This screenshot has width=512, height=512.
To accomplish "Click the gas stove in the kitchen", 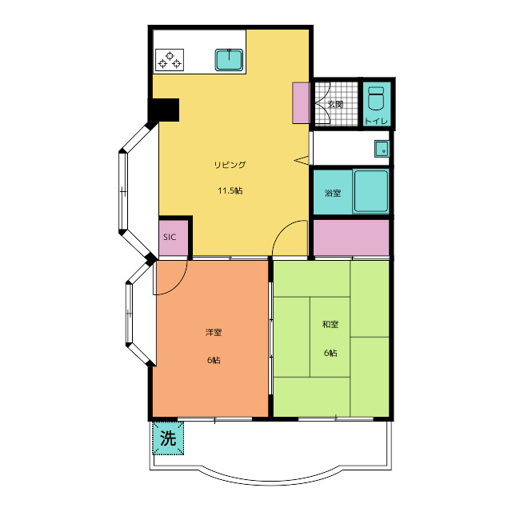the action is click(x=170, y=60).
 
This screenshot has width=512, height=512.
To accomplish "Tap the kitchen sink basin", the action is click(x=229, y=60).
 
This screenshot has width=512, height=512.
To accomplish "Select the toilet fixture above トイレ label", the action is click(x=377, y=98).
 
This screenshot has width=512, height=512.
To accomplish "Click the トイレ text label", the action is click(x=377, y=121).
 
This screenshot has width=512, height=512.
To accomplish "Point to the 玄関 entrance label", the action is click(x=335, y=105).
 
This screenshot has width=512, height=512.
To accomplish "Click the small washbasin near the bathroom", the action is click(x=382, y=149).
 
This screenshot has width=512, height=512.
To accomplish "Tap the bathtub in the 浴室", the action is click(x=371, y=191).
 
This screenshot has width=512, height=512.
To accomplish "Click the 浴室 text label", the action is click(x=333, y=193).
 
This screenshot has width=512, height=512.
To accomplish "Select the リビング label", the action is click(x=230, y=165).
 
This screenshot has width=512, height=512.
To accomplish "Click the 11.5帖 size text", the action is click(x=230, y=190).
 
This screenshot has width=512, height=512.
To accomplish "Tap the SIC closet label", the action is click(x=170, y=237).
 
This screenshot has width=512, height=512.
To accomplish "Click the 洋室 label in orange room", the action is click(x=214, y=333).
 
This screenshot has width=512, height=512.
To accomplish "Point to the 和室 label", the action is click(x=330, y=324).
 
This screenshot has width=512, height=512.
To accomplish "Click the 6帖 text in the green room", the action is click(x=330, y=353).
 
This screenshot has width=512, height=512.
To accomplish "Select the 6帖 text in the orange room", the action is click(x=214, y=360).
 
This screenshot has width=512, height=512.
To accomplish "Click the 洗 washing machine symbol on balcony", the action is click(x=168, y=438).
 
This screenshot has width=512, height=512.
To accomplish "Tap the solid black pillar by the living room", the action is click(x=163, y=110).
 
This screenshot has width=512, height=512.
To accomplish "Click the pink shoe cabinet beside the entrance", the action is click(x=301, y=103).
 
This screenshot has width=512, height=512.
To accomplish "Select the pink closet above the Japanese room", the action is click(x=351, y=238).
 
